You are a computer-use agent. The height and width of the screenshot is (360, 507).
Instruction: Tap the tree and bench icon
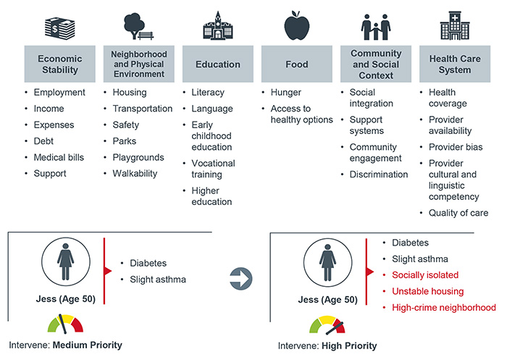[138, 28]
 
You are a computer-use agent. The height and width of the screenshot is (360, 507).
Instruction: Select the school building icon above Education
[217, 28]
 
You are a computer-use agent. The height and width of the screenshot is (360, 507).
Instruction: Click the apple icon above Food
[296, 28]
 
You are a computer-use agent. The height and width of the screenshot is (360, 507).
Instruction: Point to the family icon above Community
[375, 28]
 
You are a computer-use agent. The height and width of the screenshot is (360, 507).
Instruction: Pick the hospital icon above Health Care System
[454, 28]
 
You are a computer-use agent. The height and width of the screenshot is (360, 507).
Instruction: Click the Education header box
[217, 64]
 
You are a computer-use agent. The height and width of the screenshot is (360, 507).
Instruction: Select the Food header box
[296, 64]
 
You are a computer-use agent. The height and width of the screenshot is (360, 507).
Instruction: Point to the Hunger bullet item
[286, 93]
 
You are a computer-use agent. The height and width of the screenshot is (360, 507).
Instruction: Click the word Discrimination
[379, 174]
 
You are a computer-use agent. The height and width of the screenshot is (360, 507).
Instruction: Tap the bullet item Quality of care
[458, 213]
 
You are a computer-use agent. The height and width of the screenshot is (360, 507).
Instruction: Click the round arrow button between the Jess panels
[242, 276]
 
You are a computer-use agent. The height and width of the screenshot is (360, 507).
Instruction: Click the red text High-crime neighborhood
[443, 307]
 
